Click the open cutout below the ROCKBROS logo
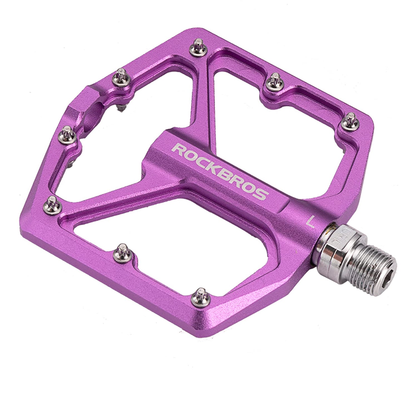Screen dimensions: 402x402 [167, 223]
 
